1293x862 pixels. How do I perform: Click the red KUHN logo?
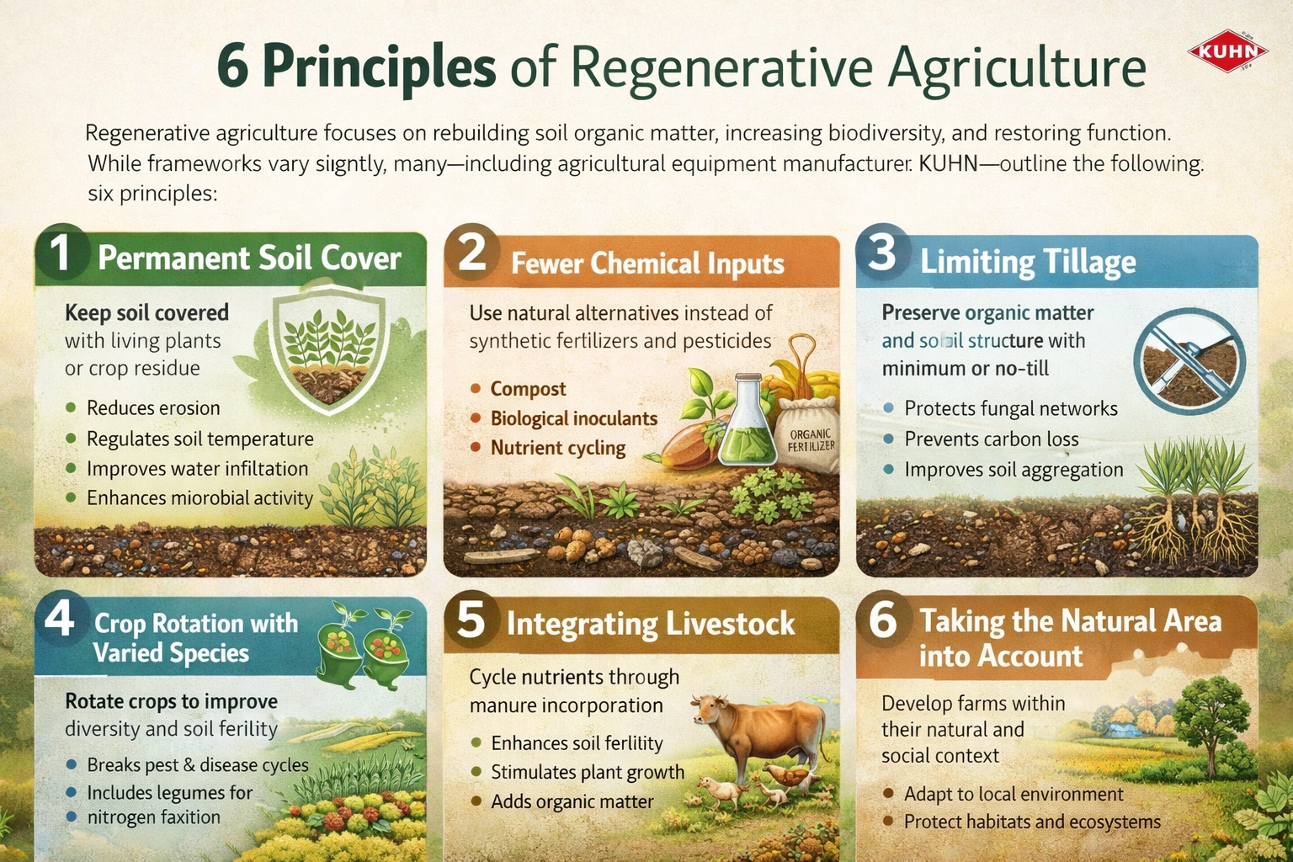pos(1227,51)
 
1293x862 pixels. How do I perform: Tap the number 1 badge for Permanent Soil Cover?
pos(61,253)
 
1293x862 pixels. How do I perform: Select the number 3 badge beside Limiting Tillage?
pos(883,253)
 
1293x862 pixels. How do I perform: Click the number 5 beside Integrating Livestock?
pos(471,620)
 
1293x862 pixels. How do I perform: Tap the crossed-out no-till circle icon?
pos(1189,364)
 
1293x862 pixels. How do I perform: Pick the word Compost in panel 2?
pos(528,389)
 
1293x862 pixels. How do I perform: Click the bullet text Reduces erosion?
pos(153,408)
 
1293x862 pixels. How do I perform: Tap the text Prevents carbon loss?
pos(992,439)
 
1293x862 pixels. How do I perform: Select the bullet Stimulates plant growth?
pos(588,773)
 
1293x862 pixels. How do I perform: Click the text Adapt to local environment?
pos(1014,795)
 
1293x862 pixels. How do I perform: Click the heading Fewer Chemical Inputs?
pos(647,263)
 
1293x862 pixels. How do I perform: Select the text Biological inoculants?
pos(574,418)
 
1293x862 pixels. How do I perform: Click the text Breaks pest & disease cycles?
pos(198,765)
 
